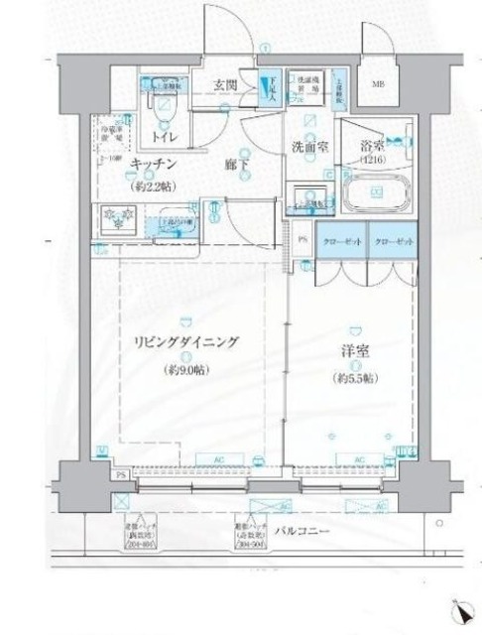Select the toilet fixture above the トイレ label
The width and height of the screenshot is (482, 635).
coord(166,103)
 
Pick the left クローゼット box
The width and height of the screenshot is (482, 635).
coord(339,242)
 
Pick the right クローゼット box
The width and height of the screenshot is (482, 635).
coord(391,242)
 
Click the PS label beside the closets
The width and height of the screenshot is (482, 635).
coord(302,241)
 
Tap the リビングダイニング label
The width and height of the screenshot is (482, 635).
coord(186,342)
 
